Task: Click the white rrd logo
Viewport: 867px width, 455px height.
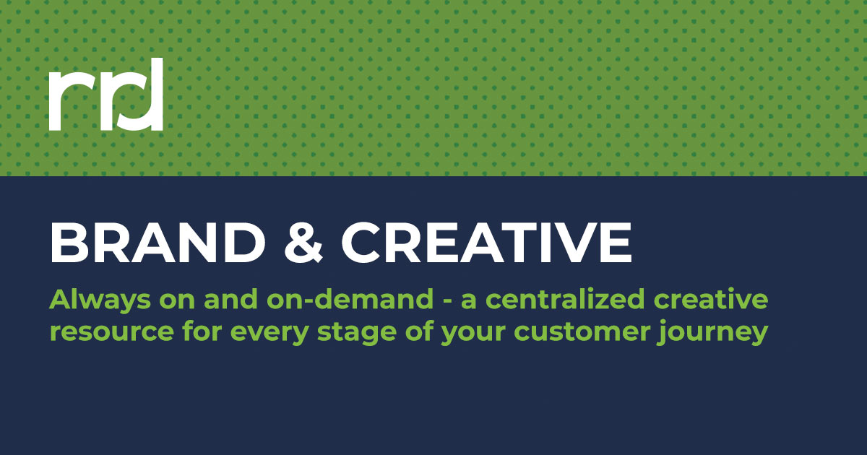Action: point(106,95)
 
